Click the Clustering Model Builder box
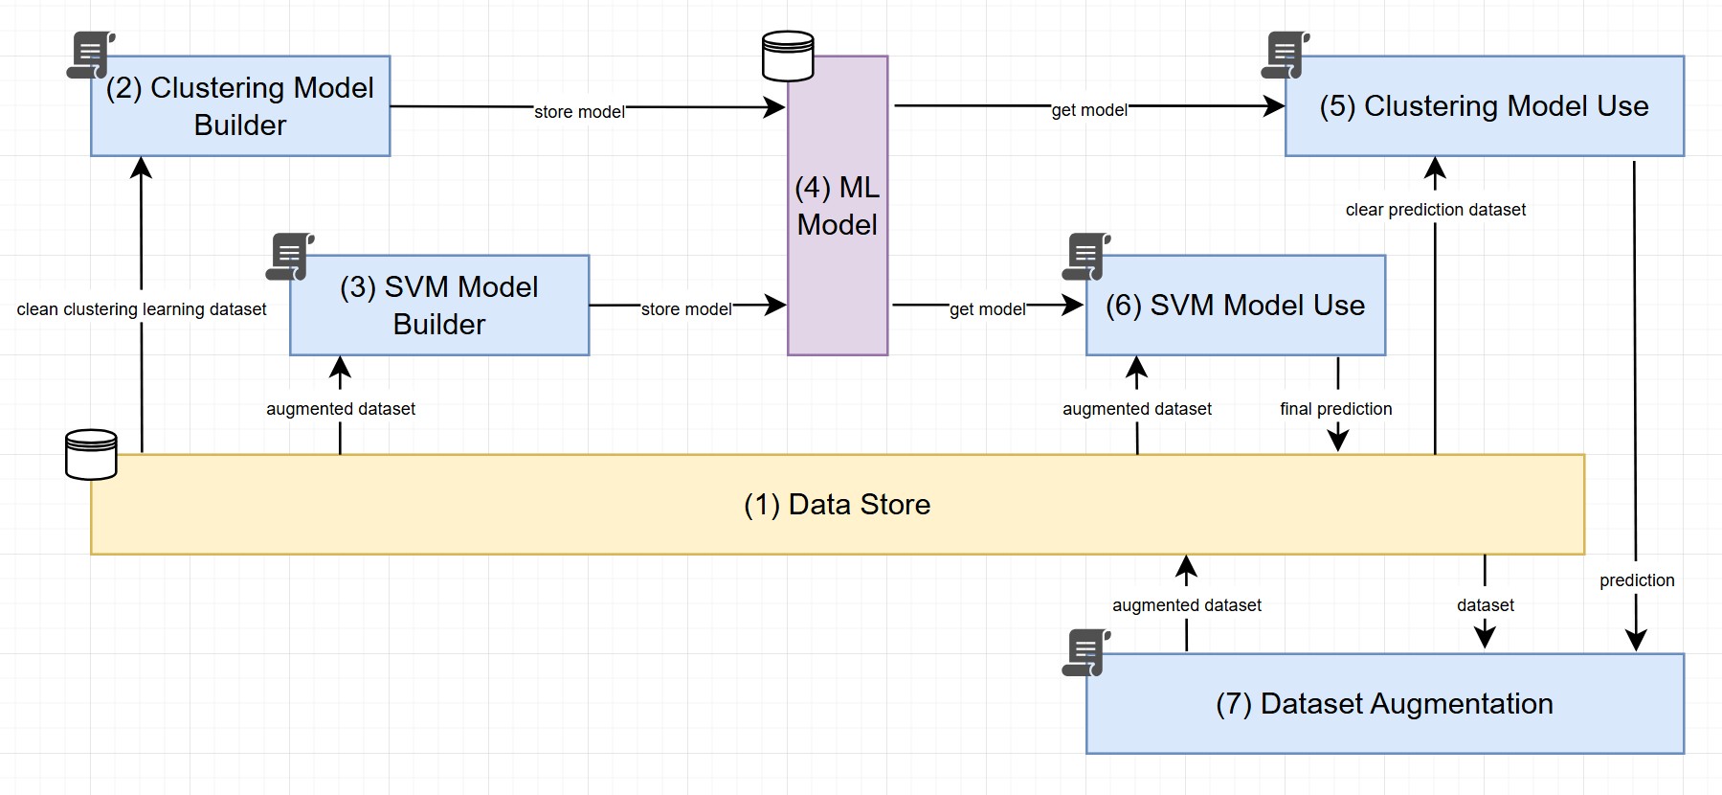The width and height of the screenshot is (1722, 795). click(x=240, y=106)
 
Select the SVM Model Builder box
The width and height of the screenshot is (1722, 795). click(x=439, y=306)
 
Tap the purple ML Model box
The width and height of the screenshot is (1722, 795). click(x=838, y=206)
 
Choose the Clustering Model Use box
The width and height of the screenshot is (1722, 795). click(x=1484, y=106)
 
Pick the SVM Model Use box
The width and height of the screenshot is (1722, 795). click(x=1235, y=306)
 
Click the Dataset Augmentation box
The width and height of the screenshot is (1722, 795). click(x=1384, y=704)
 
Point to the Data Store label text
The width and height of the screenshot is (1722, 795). click(x=837, y=505)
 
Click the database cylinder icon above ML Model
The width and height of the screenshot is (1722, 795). click(x=788, y=57)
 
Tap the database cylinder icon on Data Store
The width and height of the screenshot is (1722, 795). click(x=91, y=454)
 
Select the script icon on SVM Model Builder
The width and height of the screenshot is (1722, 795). click(x=290, y=257)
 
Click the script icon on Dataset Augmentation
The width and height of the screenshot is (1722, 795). click(x=1086, y=652)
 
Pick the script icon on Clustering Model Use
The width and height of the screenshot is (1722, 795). click(x=1286, y=56)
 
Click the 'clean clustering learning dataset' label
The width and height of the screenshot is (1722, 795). click(x=142, y=309)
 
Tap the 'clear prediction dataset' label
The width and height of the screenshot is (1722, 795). click(x=1435, y=210)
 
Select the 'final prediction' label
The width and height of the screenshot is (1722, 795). click(x=1335, y=409)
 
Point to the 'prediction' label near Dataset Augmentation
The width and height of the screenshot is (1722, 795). click(x=1637, y=580)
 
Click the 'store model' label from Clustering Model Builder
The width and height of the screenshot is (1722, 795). click(x=579, y=112)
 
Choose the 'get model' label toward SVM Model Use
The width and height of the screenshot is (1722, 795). click(x=987, y=309)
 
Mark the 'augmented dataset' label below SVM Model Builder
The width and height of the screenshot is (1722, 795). click(x=341, y=409)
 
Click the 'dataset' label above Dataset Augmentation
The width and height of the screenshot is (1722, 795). click(x=1485, y=605)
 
